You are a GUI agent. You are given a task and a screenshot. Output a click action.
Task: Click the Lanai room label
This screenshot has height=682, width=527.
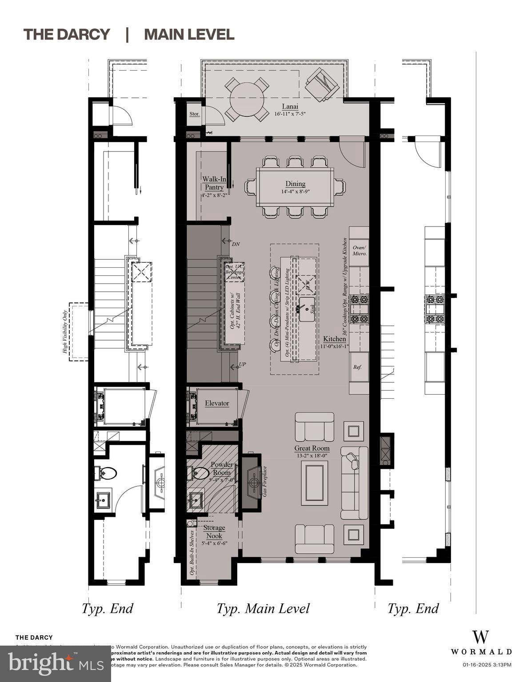click(x=290, y=107)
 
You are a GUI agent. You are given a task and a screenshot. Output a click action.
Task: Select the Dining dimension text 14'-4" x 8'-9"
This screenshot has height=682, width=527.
click(x=295, y=192)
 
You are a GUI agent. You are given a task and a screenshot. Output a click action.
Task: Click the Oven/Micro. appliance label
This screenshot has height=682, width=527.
click(x=359, y=250)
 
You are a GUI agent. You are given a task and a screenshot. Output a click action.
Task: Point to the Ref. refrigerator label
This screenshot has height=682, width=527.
click(x=357, y=367)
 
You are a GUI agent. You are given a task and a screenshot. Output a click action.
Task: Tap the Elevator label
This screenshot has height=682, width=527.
click(x=217, y=403)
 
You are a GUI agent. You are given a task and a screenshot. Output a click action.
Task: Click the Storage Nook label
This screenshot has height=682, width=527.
click(x=214, y=532)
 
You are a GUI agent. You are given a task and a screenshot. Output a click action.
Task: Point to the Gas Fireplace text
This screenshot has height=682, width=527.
click(x=265, y=481)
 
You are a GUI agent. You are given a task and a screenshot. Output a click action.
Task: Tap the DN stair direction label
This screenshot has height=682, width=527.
click(x=236, y=244)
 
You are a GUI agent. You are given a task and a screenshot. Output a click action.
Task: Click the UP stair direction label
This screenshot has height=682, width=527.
click(x=242, y=365)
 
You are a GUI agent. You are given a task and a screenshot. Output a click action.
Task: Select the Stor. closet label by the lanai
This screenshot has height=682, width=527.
click(x=194, y=114)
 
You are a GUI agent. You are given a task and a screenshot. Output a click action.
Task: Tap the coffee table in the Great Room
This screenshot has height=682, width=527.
click(x=315, y=483)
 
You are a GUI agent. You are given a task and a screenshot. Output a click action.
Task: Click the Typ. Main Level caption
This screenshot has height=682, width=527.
click(x=263, y=608)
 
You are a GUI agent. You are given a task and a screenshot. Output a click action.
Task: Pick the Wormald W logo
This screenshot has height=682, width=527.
click(x=481, y=637)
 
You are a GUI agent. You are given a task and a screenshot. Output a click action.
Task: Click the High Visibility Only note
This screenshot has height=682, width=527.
click(x=65, y=332)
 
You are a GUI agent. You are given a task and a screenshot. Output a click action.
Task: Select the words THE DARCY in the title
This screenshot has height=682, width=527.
click(x=67, y=34)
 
